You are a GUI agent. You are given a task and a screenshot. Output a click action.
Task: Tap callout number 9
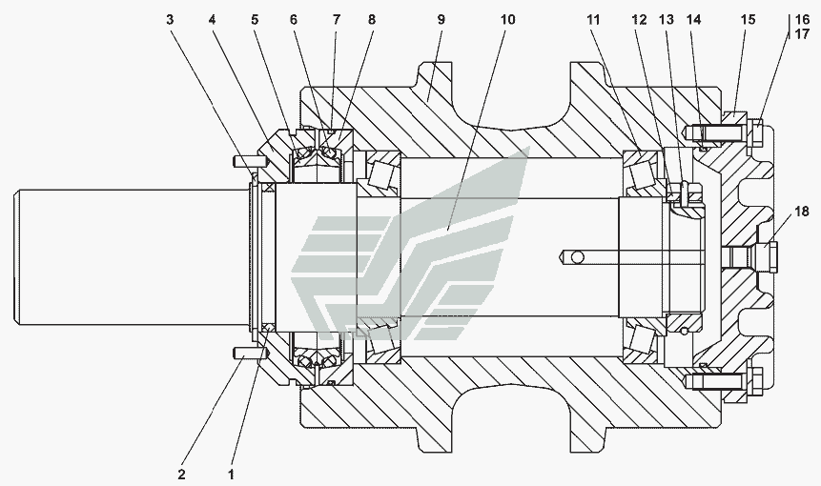440,19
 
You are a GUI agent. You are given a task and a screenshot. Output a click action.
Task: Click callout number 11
595,19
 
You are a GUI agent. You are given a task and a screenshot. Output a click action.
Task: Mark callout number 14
693,19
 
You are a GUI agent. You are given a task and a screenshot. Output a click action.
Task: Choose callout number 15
748,19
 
